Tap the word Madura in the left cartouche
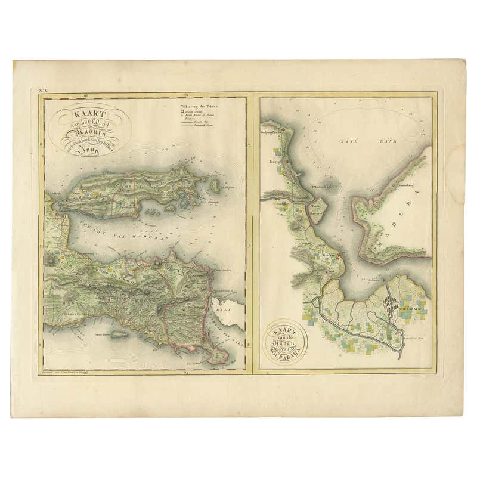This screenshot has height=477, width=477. click(89, 133)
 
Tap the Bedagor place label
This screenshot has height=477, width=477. click(275, 160)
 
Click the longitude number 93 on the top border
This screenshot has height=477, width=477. click(86, 95)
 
